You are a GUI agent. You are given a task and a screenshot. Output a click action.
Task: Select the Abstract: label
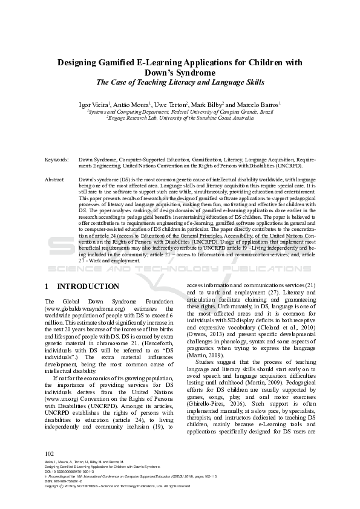click(56, 180)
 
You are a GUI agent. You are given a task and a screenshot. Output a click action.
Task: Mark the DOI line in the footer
click(72, 488)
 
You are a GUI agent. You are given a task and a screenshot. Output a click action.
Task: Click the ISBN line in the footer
click(67, 498)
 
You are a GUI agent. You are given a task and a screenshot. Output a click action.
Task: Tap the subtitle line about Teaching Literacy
click(180, 82)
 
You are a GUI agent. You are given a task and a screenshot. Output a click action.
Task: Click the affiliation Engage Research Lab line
click(180, 119)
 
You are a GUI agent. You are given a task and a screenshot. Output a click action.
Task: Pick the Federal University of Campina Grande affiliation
click(180, 112)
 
